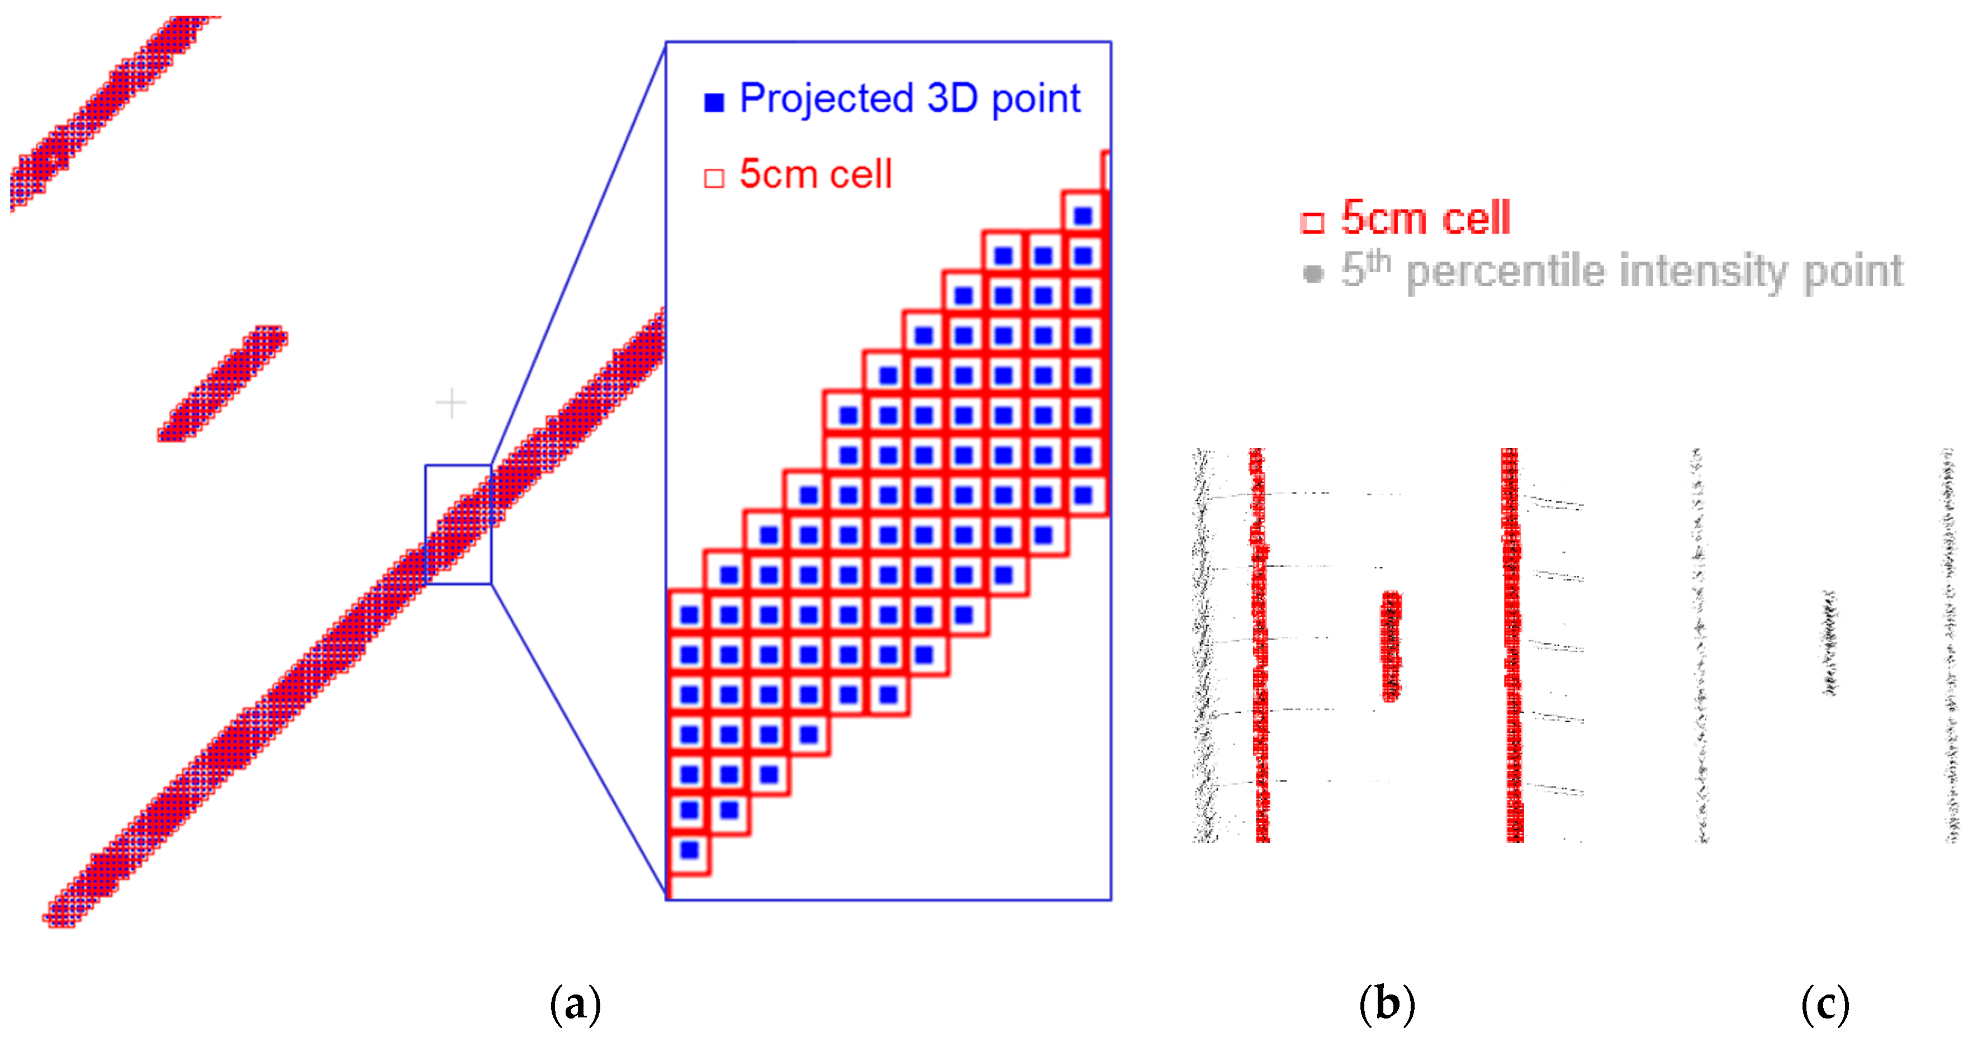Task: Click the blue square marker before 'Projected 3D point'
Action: (714, 102)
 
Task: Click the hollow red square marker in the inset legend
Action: (714, 178)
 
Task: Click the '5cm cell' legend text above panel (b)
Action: (1425, 218)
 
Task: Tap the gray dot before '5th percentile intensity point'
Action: (1313, 273)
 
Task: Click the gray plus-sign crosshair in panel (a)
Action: (450, 403)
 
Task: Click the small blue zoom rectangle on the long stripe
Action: (458, 524)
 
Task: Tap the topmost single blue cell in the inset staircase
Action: (1083, 216)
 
